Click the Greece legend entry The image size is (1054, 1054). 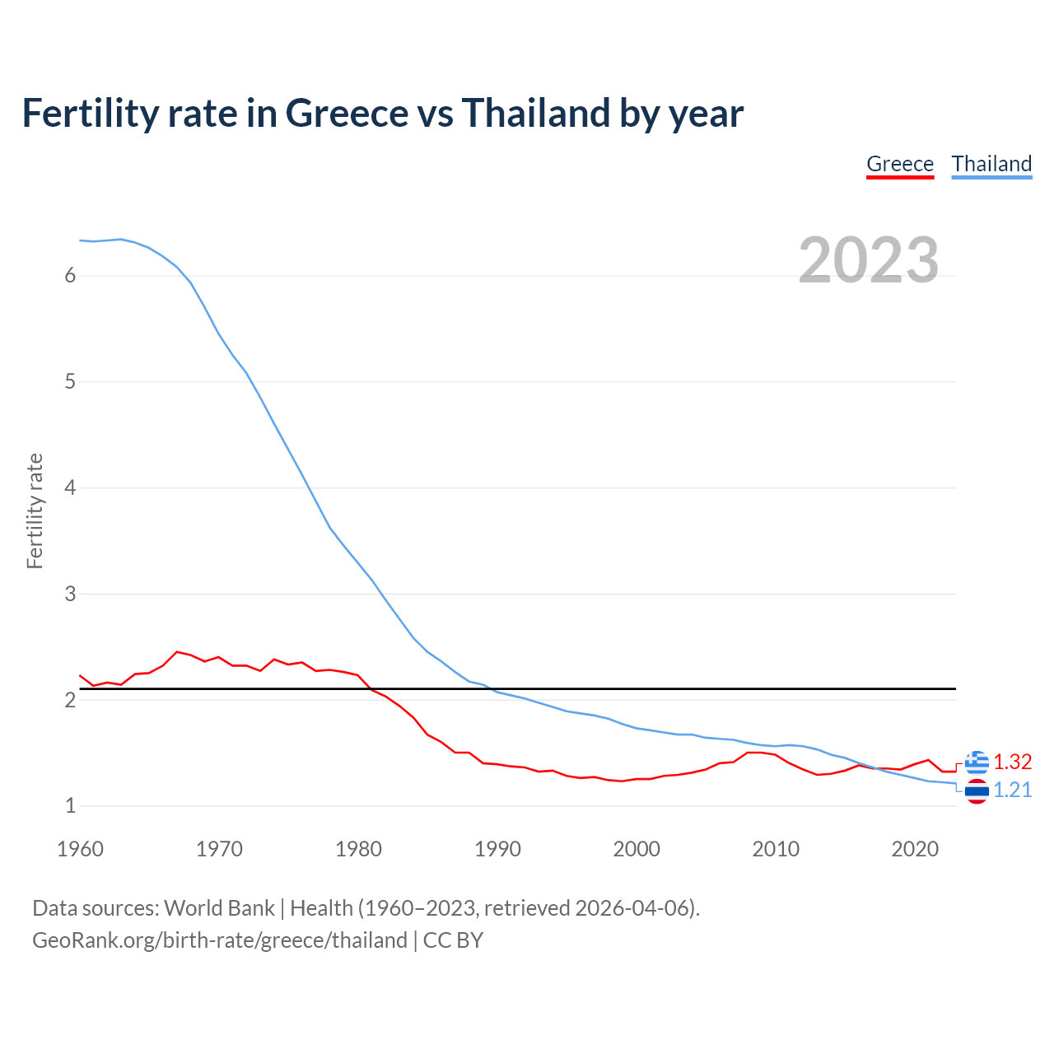[900, 164]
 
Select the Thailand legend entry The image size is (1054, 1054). [991, 164]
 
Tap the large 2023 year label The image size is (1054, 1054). [869, 260]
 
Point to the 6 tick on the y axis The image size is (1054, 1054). [70, 276]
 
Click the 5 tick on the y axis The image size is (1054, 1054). [70, 382]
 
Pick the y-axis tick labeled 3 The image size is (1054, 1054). [70, 594]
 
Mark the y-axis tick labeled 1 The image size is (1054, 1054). [70, 806]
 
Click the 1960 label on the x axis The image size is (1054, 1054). [80, 849]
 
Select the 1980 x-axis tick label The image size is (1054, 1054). [358, 849]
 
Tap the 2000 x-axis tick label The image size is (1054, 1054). [637, 849]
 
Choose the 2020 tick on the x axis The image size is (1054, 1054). [915, 849]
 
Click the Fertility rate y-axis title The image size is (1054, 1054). [35, 511]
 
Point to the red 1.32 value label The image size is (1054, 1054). [1012, 763]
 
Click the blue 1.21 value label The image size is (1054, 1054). [1012, 790]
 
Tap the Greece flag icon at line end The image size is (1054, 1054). [977, 763]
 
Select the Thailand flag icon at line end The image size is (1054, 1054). [977, 791]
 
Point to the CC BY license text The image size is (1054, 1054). [453, 940]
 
